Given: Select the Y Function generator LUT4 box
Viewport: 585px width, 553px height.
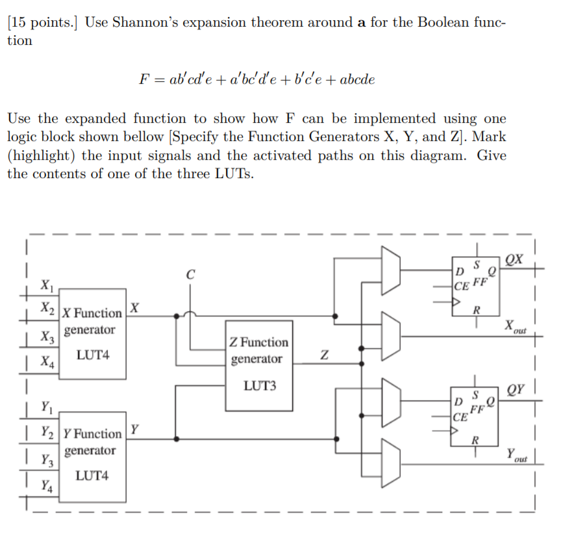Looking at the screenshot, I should [92, 456].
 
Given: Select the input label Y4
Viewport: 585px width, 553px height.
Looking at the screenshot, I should [47, 485].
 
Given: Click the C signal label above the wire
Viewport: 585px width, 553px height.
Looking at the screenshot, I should [190, 275].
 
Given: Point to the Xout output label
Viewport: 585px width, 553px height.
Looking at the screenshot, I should [516, 326].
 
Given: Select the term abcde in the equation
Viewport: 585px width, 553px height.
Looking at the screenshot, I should [356, 79].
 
